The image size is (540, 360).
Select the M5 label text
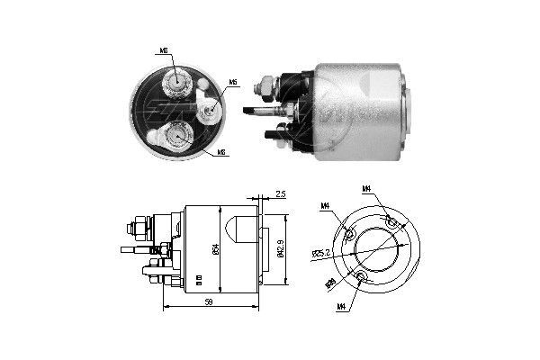[x=233, y=83]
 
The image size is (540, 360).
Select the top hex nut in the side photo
[x=266, y=87]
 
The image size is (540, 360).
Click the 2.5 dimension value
[x=281, y=193]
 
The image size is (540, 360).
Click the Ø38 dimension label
[x=330, y=285]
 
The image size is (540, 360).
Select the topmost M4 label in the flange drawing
[x=367, y=189]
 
